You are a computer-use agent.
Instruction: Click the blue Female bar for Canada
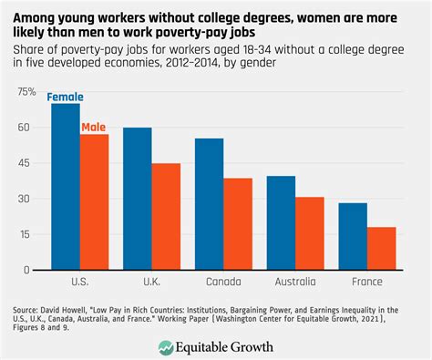[x=209, y=204]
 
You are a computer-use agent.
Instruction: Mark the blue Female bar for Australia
[x=281, y=223]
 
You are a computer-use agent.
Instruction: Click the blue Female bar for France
[x=353, y=237]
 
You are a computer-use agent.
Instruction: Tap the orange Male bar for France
[x=382, y=249]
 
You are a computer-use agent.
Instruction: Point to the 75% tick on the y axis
[x=27, y=93]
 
